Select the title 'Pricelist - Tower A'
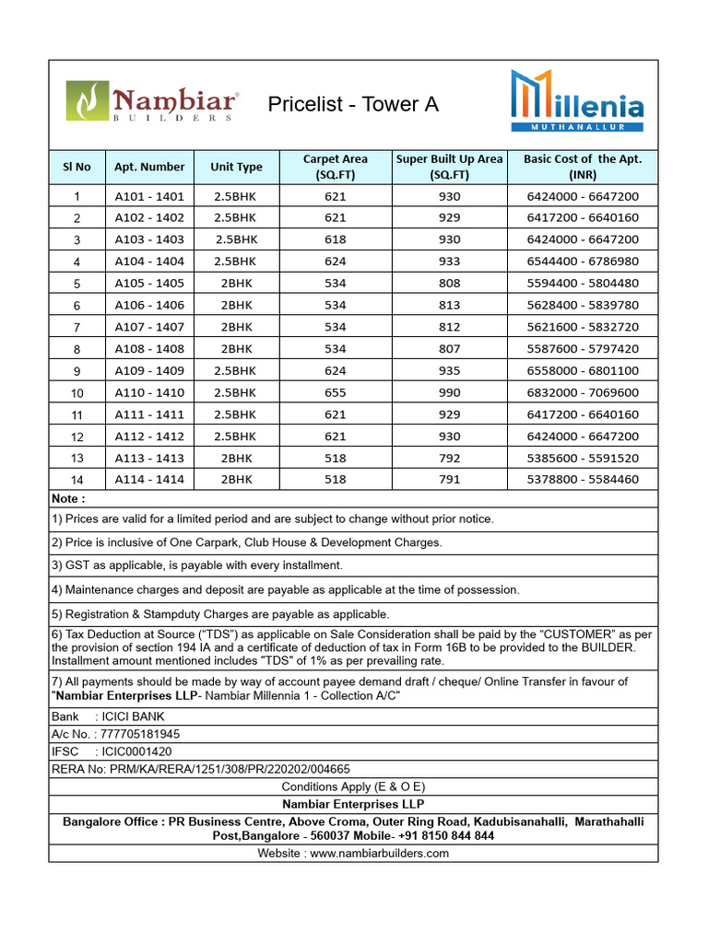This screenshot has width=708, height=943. coord(352,104)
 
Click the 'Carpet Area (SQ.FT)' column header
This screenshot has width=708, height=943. coord(336,167)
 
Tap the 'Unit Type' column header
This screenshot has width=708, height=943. coord(236,167)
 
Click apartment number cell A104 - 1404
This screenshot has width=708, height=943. coord(149,262)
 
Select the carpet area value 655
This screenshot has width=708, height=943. coord(336,392)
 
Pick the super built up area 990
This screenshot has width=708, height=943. coord(450,392)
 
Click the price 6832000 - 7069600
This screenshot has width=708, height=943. coord(583,392)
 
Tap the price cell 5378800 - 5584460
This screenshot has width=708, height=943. coord(583,480)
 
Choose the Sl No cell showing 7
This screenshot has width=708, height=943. coord(77,327)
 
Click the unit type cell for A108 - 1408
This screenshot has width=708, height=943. coord(236,349)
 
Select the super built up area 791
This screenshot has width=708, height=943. coord(450,480)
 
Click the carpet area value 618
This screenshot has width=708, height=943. coord(336,239)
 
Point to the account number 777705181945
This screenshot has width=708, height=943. coord(141,734)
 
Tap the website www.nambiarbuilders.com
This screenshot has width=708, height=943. coord(380,854)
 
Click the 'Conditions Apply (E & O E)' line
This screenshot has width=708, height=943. coord(353,786)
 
